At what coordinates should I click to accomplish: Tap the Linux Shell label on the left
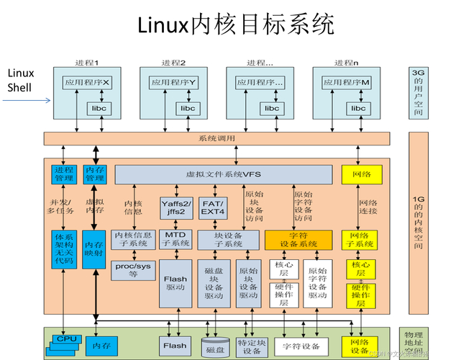coord(21,81)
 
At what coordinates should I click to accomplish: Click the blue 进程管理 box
coord(63,174)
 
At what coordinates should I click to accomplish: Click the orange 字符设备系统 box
coord(298,239)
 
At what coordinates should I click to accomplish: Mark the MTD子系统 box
coord(174,239)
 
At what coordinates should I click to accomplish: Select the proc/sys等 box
coord(133,269)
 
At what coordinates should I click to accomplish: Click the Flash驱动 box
coord(175,283)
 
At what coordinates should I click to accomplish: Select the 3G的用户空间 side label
coord(418,94)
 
